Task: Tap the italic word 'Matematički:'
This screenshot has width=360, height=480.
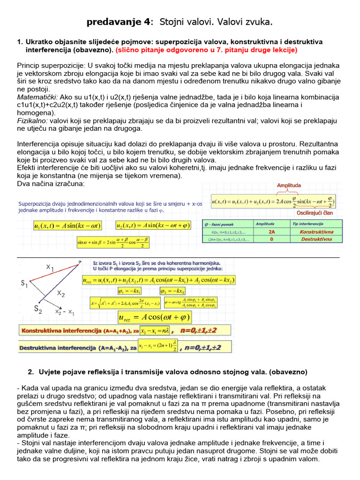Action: [x=38, y=97]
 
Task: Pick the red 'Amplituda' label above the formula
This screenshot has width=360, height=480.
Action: [x=289, y=186]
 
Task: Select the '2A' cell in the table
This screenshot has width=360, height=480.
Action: [x=271, y=232]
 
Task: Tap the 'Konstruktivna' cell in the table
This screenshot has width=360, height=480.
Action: [x=316, y=232]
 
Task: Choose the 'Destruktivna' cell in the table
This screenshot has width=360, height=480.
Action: [x=316, y=239]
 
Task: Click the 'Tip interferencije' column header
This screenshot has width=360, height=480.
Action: [x=308, y=224]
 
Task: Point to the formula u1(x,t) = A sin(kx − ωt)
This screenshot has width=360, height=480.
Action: [x=67, y=226]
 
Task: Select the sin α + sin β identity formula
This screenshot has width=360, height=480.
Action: [x=116, y=242]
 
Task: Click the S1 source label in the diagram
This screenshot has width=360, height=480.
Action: [x=24, y=284]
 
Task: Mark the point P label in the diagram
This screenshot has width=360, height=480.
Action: [x=80, y=262]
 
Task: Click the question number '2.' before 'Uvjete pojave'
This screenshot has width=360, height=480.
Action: [x=31, y=372]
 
